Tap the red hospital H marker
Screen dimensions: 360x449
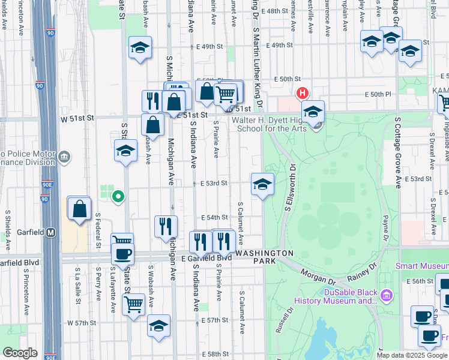coord(302,93)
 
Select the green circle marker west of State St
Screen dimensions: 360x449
coord(119,196)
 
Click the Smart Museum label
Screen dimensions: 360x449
coord(421,265)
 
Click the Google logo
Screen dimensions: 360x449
coord(20,353)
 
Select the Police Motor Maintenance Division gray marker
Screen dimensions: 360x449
coord(64,158)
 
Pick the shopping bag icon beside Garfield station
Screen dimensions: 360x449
coord(79,209)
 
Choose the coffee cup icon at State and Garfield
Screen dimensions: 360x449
coord(122,253)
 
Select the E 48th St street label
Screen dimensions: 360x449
coord(277,11)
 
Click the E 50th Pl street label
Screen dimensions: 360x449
coord(378,94)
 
